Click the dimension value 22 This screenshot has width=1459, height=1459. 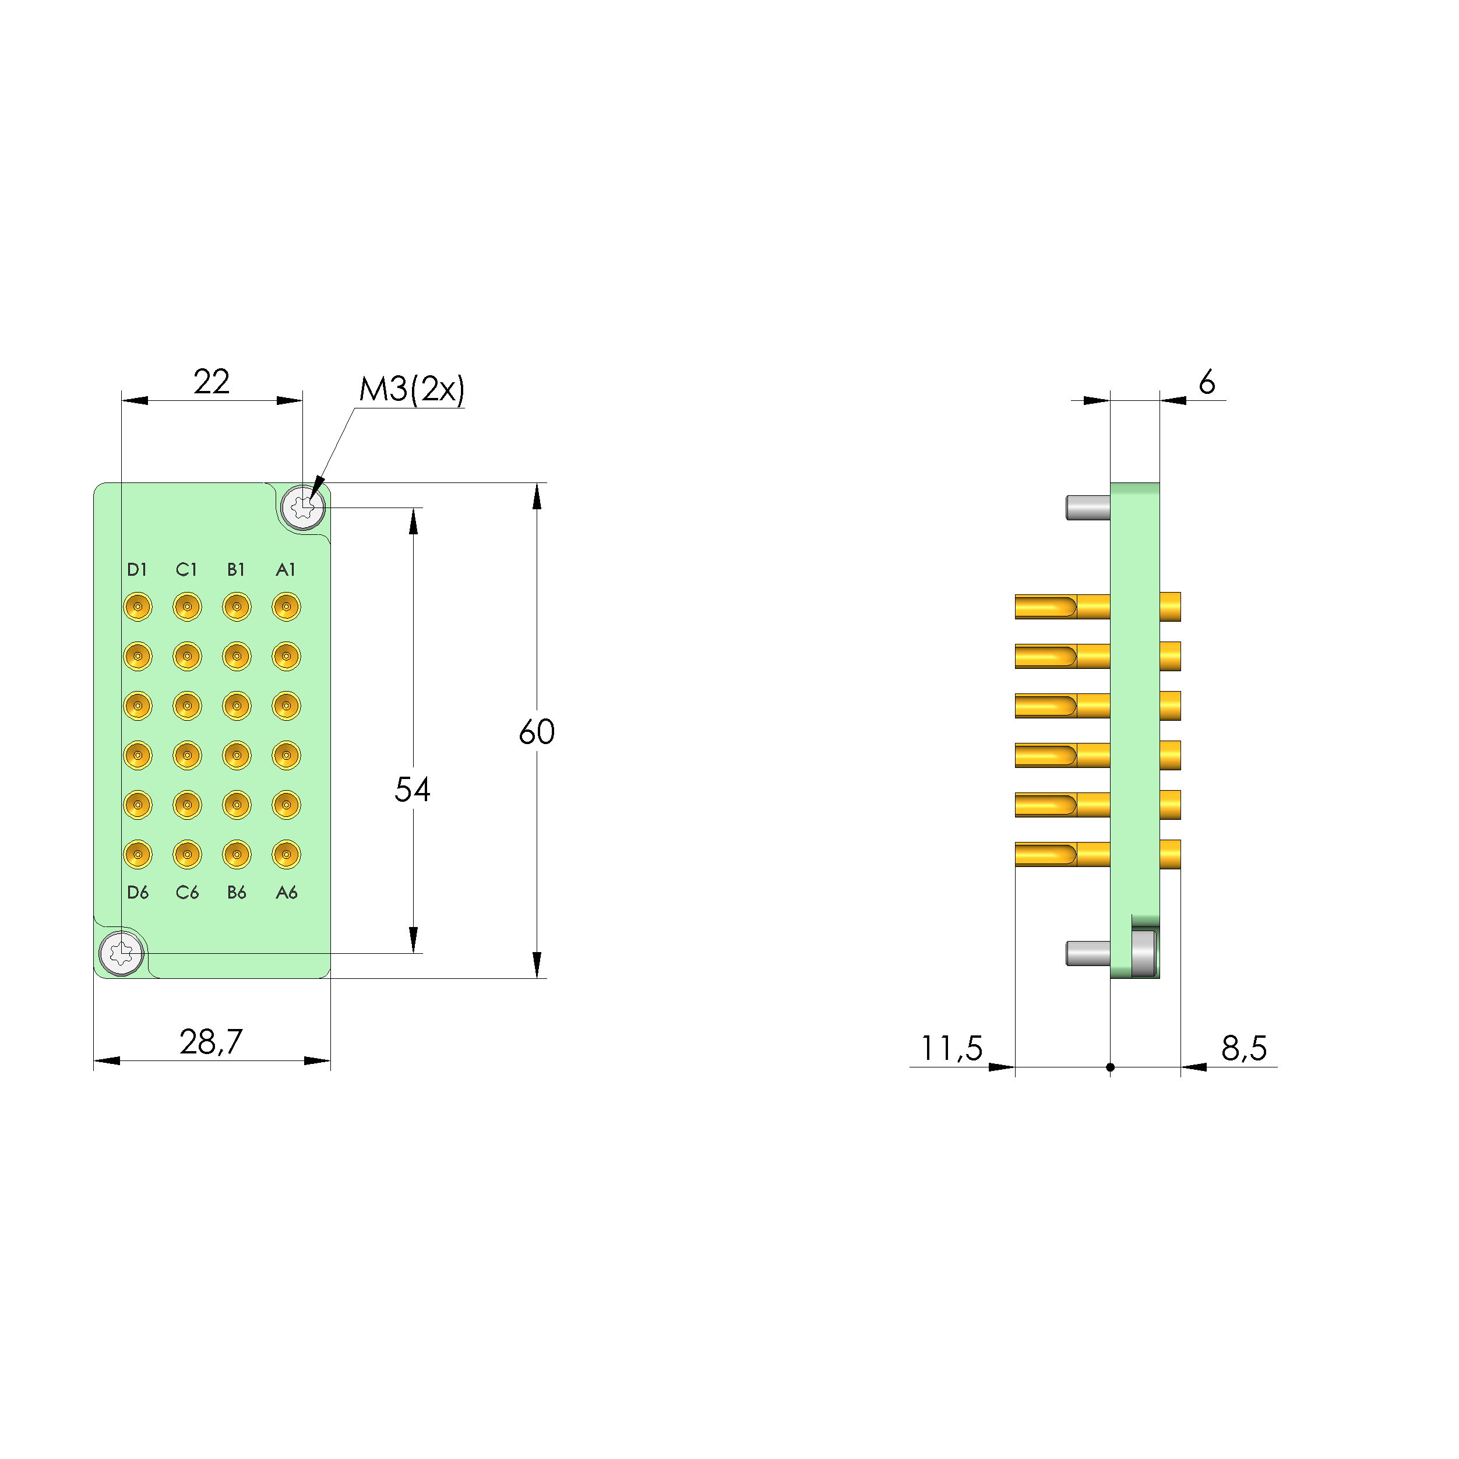(x=212, y=382)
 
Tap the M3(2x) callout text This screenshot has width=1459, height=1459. (x=411, y=390)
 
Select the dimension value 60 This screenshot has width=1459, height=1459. (x=536, y=732)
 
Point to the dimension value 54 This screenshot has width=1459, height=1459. (x=413, y=790)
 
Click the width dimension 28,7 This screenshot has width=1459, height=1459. (x=212, y=1042)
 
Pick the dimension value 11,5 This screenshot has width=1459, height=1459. (x=951, y=1048)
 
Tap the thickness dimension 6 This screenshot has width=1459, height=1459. (x=1207, y=383)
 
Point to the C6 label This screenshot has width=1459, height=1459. (x=186, y=893)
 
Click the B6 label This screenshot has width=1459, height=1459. (x=237, y=893)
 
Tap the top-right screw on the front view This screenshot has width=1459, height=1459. (x=303, y=508)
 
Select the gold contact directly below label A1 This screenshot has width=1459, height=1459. (x=286, y=607)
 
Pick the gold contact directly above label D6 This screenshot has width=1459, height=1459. (x=138, y=854)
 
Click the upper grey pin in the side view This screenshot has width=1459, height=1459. (x=1087, y=508)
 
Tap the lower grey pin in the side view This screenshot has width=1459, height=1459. (x=1087, y=954)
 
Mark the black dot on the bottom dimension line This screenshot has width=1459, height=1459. (x=1110, y=1067)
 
